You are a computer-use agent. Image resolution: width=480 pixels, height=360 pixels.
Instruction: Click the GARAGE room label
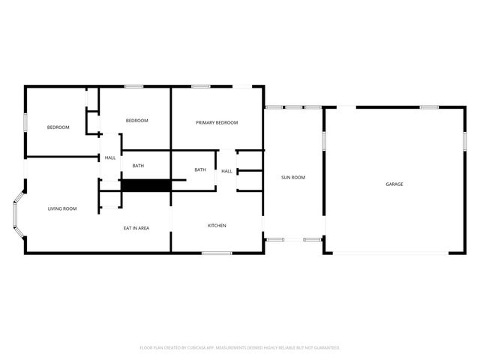[394, 184]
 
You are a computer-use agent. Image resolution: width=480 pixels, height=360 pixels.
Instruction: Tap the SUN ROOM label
[292, 178]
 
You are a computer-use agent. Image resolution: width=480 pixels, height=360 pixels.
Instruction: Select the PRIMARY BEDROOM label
[217, 122]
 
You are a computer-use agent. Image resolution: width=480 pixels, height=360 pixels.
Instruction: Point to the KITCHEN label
[217, 226]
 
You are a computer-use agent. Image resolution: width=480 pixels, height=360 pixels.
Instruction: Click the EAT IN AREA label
[136, 228]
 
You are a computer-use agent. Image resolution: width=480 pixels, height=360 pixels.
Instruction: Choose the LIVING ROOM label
[63, 208]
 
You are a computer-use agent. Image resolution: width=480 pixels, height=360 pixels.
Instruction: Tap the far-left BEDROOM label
[58, 127]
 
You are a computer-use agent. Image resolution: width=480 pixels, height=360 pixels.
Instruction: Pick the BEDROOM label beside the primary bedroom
[136, 121]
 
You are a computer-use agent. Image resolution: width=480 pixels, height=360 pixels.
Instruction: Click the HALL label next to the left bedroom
[110, 157]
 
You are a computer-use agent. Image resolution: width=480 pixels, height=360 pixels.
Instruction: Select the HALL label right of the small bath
[226, 172]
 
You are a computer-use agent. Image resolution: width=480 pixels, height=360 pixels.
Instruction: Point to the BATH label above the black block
[138, 166]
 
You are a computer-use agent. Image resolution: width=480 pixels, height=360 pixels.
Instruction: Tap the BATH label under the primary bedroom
[200, 169]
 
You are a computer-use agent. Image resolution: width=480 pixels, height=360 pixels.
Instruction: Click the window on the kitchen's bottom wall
[217, 253]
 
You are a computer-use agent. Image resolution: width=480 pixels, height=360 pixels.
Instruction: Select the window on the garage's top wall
[429, 107]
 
